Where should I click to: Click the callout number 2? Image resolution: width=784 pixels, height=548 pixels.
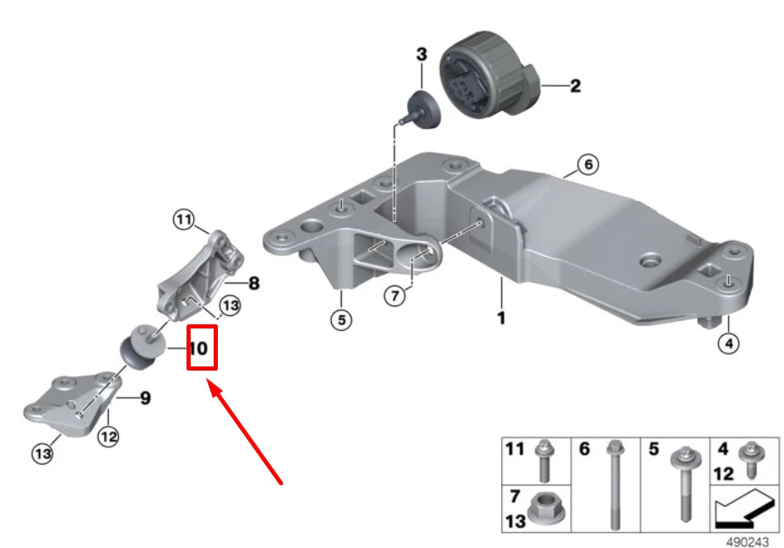point(575,85)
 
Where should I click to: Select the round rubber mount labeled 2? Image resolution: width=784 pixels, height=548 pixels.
point(484,79)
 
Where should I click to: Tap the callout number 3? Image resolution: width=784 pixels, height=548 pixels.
point(422,55)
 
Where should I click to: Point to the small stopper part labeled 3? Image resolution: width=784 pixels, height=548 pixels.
point(423,110)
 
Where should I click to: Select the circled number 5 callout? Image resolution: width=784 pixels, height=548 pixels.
point(338,319)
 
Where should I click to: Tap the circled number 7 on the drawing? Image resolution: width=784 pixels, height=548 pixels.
point(395,295)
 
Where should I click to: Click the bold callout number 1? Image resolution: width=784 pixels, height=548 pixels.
point(500,316)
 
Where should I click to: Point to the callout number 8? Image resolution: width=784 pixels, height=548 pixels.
point(253,284)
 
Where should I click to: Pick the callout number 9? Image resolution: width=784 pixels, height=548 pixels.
point(144,399)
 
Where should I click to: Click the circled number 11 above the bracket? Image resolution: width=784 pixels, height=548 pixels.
point(183,220)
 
